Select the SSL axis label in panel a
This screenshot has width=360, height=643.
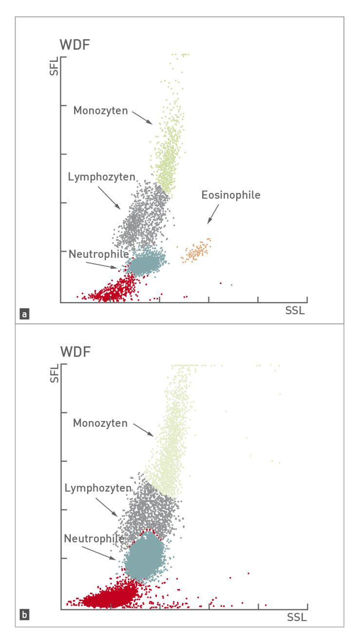point(295,311)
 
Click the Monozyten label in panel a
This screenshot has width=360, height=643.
point(100,111)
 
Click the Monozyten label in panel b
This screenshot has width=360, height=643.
point(100,423)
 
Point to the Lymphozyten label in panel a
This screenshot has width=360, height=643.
point(101,177)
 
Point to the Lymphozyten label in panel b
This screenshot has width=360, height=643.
point(98,488)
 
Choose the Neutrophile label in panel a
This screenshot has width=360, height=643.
point(98,254)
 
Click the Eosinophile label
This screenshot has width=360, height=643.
point(231,195)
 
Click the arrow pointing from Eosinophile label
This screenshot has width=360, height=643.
point(213,214)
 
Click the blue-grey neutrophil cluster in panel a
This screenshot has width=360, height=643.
point(145,264)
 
